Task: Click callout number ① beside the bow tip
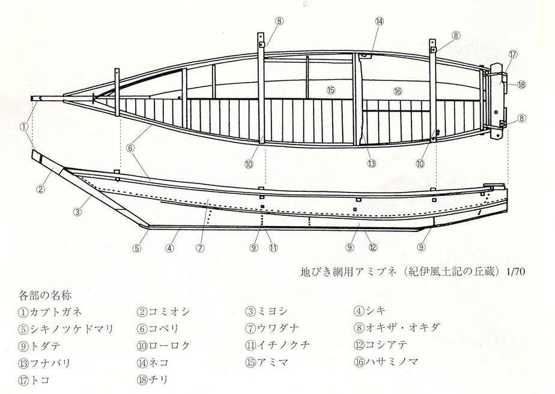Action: click(x=23, y=127)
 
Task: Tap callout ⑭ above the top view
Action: click(x=379, y=22)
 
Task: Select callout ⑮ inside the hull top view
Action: click(x=331, y=90)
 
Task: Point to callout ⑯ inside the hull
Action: click(x=398, y=91)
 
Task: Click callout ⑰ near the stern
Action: click(x=513, y=54)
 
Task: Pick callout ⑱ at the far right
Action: click(x=521, y=85)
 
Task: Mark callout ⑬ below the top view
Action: click(x=371, y=164)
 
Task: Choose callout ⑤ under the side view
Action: click(x=137, y=248)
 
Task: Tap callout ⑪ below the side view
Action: click(x=273, y=248)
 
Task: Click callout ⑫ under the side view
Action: click(x=373, y=247)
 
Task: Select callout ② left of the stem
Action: click(x=41, y=189)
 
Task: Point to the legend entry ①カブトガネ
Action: click(x=50, y=312)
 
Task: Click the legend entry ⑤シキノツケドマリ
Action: click(x=66, y=329)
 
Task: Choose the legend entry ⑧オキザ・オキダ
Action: click(x=396, y=327)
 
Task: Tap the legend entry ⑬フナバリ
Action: click(x=44, y=363)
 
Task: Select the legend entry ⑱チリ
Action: click(x=153, y=380)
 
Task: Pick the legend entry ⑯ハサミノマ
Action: click(x=386, y=362)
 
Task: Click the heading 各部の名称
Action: click(x=44, y=295)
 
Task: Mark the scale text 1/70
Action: click(x=515, y=272)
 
